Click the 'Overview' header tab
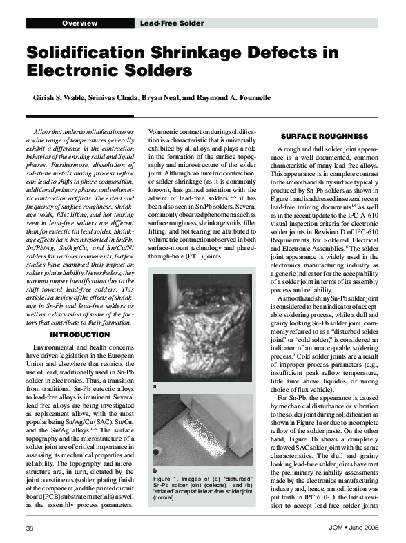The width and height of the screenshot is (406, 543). tap(79, 23)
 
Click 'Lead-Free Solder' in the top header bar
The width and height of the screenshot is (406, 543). tap(172, 23)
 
